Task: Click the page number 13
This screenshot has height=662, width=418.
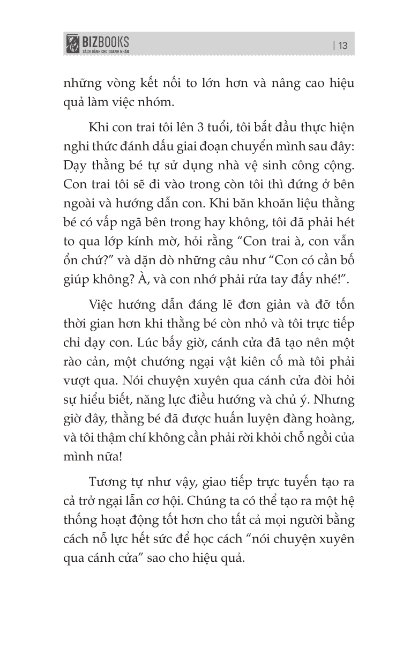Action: point(343,46)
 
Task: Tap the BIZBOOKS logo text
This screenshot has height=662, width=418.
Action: point(104,41)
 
